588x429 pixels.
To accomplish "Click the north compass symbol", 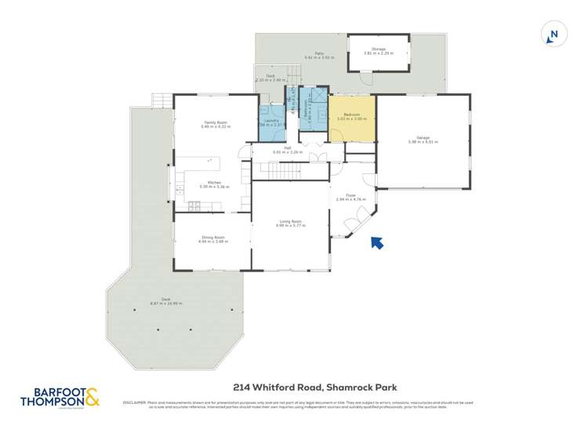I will point(554,35).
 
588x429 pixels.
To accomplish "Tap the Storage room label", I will point(379,49).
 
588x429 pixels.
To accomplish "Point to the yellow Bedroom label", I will point(351,115).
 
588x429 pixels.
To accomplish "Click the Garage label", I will point(423,138).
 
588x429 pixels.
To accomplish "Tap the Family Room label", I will point(212,122).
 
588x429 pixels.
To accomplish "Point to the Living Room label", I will point(290,221).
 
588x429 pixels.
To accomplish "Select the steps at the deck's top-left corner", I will point(161,100).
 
